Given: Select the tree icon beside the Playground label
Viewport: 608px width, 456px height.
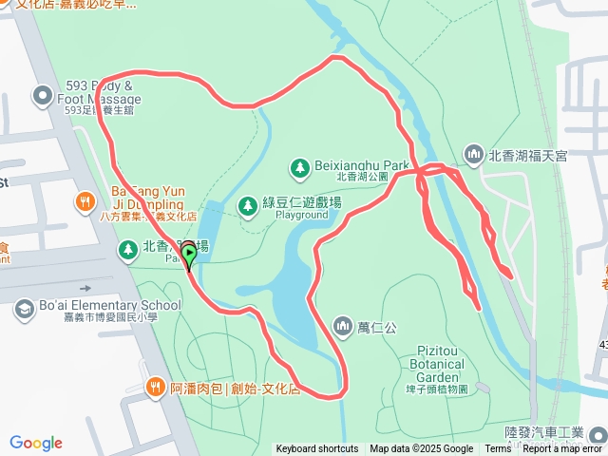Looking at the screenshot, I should point(247,204).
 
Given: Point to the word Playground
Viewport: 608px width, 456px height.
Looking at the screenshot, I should point(301,216).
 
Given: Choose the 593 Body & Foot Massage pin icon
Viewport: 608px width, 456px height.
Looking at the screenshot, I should point(42,95).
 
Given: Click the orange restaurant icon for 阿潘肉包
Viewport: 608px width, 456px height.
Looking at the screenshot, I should point(155,388).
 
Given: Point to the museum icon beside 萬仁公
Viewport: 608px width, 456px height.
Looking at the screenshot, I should point(342,327).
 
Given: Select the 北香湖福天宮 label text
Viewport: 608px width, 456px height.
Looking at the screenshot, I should point(527,155).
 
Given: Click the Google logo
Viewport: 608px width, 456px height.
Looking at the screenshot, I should point(36,443).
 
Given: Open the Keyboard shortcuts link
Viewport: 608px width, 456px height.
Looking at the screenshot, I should point(317,449).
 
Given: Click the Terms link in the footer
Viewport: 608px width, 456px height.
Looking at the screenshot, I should point(498,449).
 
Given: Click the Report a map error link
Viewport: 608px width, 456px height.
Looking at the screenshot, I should point(562,449).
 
